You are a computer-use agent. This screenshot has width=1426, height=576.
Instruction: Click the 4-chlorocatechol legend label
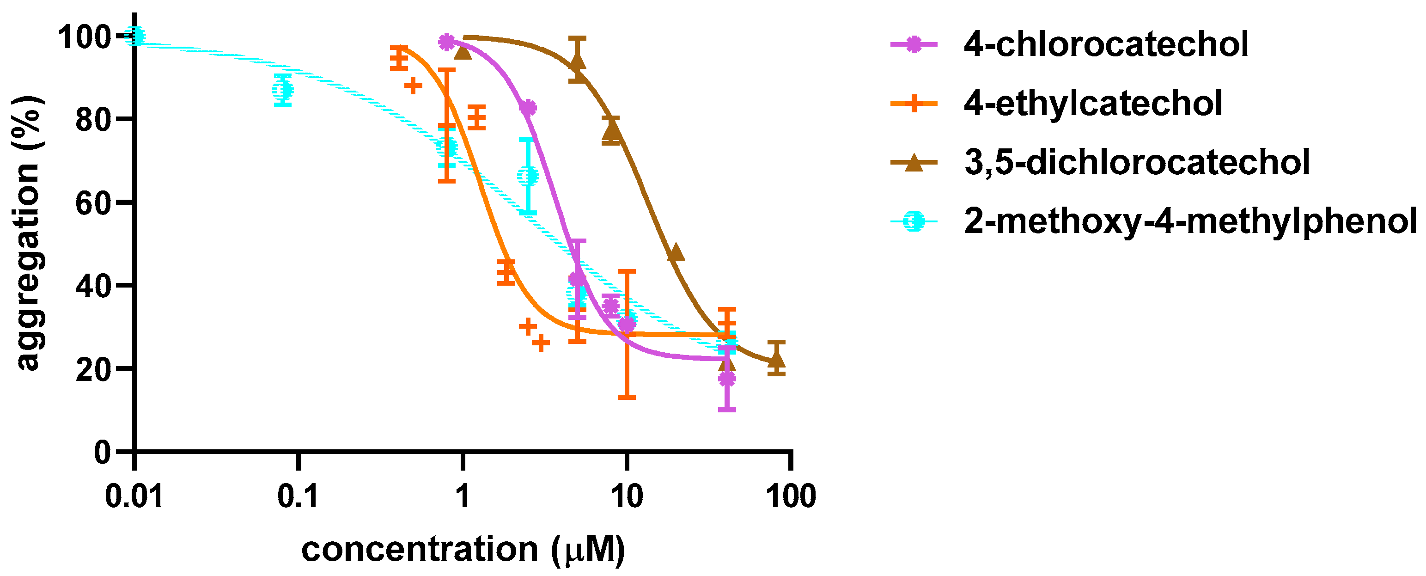pyautogui.click(x=1105, y=44)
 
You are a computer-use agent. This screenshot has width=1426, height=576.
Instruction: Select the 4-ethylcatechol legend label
pyautogui.click(x=1093, y=103)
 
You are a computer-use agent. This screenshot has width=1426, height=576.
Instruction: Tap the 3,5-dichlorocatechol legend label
pyautogui.click(x=1136, y=162)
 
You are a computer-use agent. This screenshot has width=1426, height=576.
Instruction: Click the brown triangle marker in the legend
pyautogui.click(x=914, y=163)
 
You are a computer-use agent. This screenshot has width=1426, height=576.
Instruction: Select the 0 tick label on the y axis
pyautogui.click(x=103, y=453)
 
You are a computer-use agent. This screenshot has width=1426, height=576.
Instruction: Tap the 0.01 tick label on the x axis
pyautogui.click(x=134, y=496)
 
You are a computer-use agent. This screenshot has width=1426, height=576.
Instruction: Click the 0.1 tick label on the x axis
pyautogui.click(x=298, y=496)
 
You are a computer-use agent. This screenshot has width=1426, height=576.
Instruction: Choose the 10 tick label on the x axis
pyautogui.click(x=626, y=496)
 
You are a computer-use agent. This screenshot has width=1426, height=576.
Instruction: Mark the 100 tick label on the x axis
pyautogui.click(x=791, y=496)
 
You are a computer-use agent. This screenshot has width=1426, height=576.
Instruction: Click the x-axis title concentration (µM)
pyautogui.click(x=463, y=550)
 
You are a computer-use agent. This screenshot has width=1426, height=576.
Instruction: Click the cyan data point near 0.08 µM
pyautogui.click(x=283, y=90)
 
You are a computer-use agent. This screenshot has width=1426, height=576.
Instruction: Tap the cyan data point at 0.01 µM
pyautogui.click(x=135, y=37)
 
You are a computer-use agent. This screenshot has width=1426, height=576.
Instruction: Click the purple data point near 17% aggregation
pyautogui.click(x=727, y=379)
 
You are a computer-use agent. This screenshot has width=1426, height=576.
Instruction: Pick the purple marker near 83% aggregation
pyautogui.click(x=528, y=108)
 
